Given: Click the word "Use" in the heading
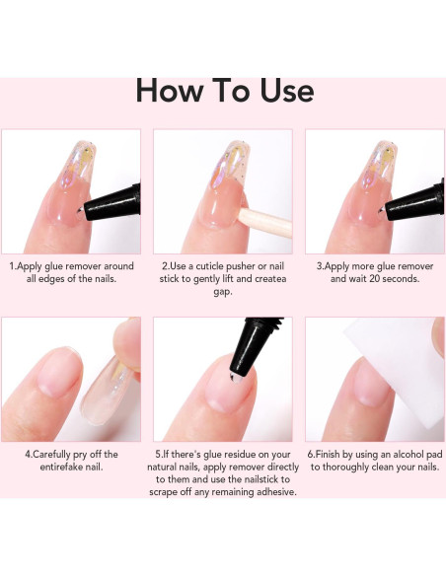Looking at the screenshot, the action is coord(287,91).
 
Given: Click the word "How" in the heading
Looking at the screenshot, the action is coord(169,91).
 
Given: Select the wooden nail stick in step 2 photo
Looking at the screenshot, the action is coord(264,221).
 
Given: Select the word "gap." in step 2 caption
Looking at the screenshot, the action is coord(223,292).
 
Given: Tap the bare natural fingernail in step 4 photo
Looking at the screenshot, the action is coord(59,370).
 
